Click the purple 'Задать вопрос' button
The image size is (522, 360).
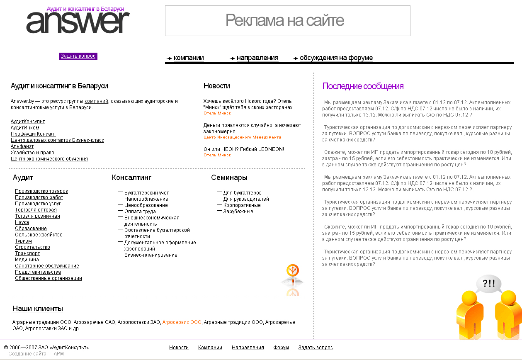[78, 56]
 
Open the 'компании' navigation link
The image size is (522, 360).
[189, 58]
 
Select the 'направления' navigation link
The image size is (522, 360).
[257, 58]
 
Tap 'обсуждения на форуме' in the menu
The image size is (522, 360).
[336, 58]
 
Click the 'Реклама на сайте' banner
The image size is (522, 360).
[287, 20]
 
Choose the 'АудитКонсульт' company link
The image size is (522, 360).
[28, 122]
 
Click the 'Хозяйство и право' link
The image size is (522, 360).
[32, 153]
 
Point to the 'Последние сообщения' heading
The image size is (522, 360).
[363, 86]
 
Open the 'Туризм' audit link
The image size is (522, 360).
[23, 241]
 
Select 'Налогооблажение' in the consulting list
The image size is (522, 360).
[146, 199]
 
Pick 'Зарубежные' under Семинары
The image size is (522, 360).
[238, 212]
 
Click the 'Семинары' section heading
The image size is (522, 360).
[229, 178]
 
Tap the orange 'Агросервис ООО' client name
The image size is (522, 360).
[182, 322]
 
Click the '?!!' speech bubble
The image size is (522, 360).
[488, 284]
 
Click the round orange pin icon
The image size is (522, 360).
[293, 271]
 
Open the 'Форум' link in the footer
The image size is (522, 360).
[281, 348]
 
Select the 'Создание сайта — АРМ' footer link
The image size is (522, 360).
[36, 354]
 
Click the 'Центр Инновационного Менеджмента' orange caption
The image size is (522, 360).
[242, 137]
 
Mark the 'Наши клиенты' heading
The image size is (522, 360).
[38, 309]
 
